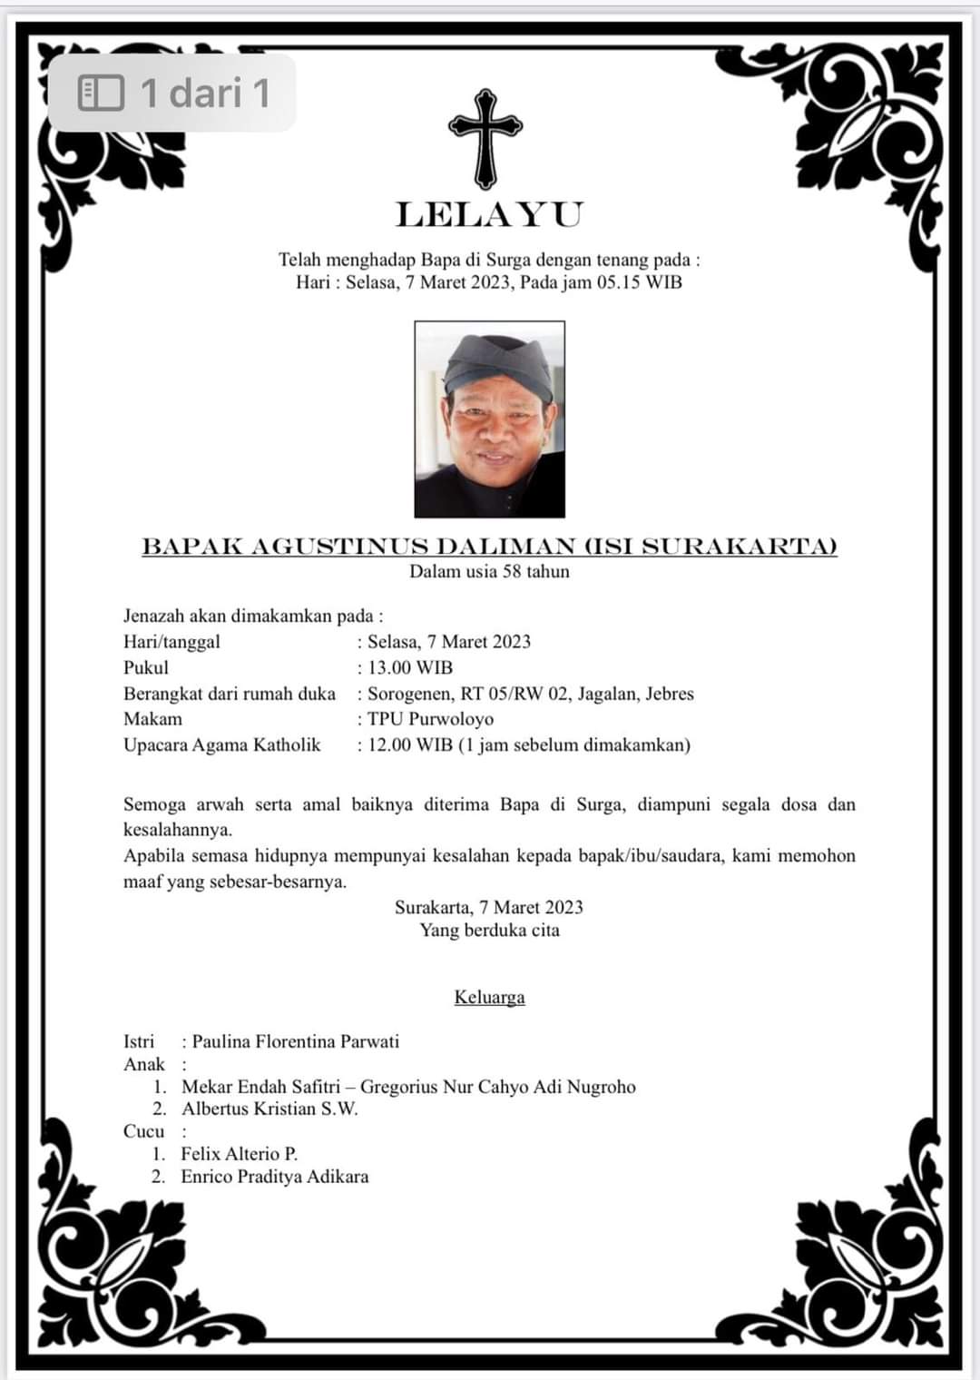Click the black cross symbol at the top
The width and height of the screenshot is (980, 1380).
click(485, 137)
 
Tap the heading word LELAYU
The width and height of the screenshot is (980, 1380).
click(489, 215)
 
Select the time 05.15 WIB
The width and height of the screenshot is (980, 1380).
click(639, 281)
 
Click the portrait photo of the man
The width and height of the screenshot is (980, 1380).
click(489, 419)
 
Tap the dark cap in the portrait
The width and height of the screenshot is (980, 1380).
click(498, 363)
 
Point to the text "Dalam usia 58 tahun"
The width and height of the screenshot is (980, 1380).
click(489, 571)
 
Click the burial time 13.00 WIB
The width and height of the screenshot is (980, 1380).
click(409, 667)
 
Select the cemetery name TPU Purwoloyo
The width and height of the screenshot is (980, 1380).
click(430, 719)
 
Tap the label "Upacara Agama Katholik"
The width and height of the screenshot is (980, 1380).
click(222, 745)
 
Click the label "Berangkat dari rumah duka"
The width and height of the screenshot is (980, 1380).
click(230, 694)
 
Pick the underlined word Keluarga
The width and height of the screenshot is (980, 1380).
click(489, 997)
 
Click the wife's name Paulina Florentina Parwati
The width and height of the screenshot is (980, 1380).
click(295, 1041)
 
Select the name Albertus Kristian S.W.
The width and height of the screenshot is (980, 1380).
click(269, 1109)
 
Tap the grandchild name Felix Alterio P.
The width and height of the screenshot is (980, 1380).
click(239, 1154)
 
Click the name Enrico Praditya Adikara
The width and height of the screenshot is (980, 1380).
click(274, 1177)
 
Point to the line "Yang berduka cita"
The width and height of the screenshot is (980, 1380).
click(489, 930)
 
